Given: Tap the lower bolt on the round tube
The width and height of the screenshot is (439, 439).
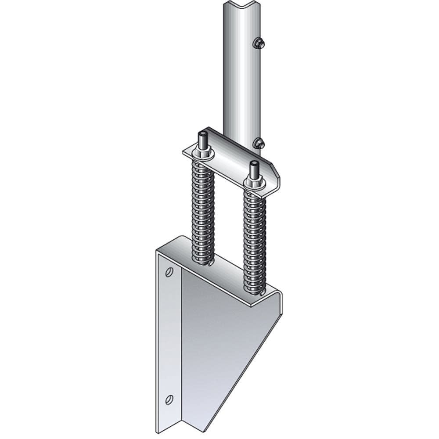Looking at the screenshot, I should coord(259,143).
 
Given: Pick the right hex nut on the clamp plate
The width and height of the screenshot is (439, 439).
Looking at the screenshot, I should coord(253,181).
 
